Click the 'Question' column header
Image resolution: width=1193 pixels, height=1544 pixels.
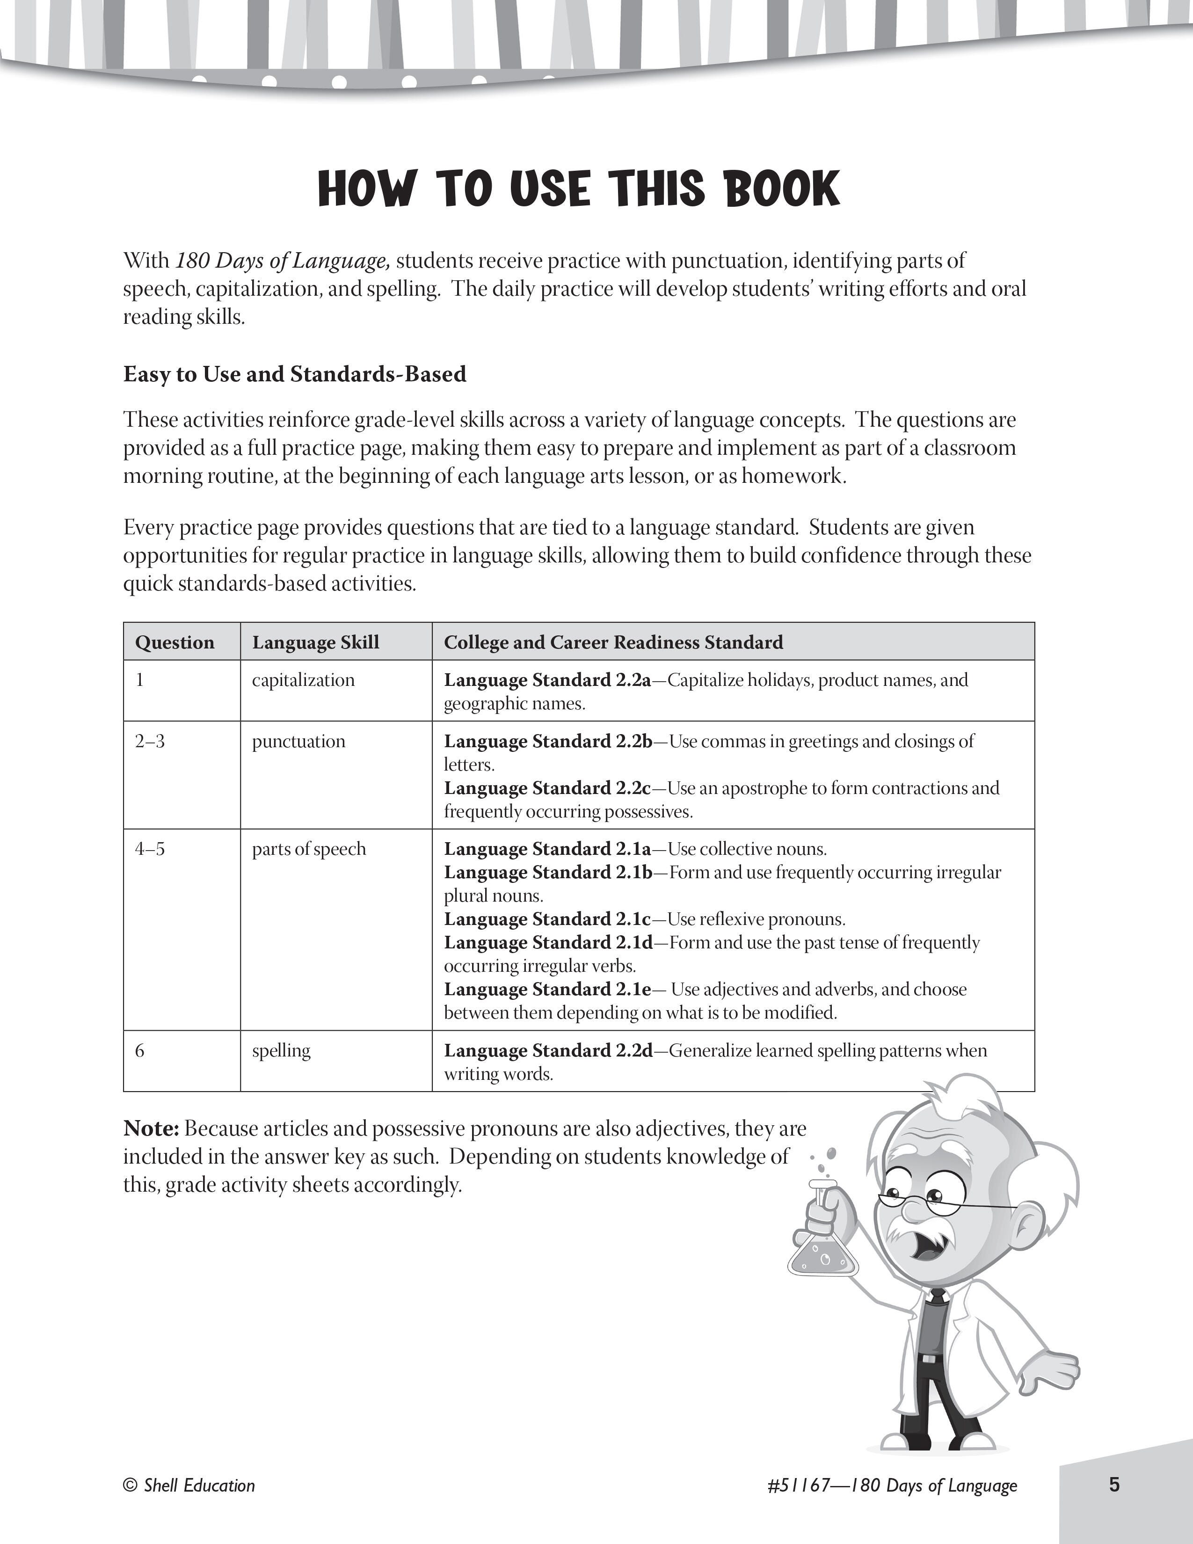coord(175,642)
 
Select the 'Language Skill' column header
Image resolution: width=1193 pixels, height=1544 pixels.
coord(315,642)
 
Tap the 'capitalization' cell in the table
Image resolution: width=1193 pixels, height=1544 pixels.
coord(303,680)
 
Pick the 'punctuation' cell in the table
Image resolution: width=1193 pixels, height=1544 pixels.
coord(299,741)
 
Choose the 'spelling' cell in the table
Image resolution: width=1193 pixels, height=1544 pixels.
coord(281,1050)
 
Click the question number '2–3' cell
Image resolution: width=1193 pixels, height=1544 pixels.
coord(150,741)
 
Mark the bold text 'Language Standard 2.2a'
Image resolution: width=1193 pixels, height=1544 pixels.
coord(547,680)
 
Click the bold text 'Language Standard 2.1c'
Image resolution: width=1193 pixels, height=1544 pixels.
coord(547,919)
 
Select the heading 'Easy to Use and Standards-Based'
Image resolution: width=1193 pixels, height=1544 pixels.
coord(295,374)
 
